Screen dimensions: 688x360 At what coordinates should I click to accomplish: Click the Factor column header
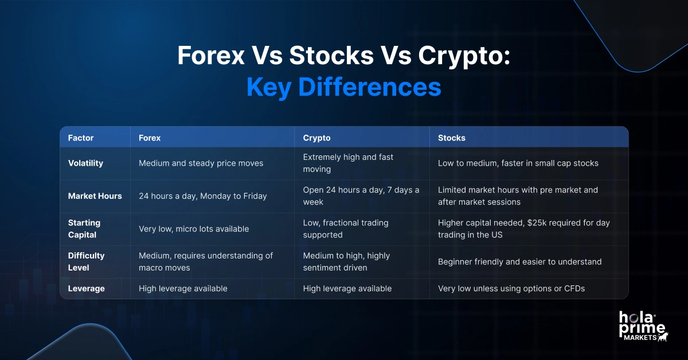click(81, 138)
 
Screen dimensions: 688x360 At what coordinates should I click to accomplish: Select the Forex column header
click(150, 138)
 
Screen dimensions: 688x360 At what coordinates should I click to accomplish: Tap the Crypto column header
click(316, 138)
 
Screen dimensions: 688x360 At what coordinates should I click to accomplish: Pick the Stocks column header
click(452, 138)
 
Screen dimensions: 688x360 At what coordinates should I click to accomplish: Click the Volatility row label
click(85, 163)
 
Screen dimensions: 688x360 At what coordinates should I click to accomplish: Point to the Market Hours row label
click(95, 196)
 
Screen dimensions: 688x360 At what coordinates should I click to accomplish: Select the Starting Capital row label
click(84, 229)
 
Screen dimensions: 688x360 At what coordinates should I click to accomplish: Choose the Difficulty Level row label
click(87, 262)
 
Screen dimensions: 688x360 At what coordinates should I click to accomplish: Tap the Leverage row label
click(87, 288)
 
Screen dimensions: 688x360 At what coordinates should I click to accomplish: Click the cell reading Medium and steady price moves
click(201, 163)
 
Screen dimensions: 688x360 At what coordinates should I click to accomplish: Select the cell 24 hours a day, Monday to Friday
click(203, 196)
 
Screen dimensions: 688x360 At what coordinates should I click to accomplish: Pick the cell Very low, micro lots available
click(194, 229)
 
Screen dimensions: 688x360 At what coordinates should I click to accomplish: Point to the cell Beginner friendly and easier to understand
click(519, 262)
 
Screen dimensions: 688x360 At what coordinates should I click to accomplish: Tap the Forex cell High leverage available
click(183, 288)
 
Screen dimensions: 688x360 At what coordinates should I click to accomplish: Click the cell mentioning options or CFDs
click(511, 288)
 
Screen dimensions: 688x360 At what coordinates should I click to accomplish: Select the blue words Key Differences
click(343, 87)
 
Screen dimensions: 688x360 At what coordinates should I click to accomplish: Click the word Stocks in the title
click(331, 56)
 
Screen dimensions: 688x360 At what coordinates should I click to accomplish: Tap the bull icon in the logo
click(663, 336)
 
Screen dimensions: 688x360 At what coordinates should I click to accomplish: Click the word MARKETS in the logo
click(640, 338)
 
